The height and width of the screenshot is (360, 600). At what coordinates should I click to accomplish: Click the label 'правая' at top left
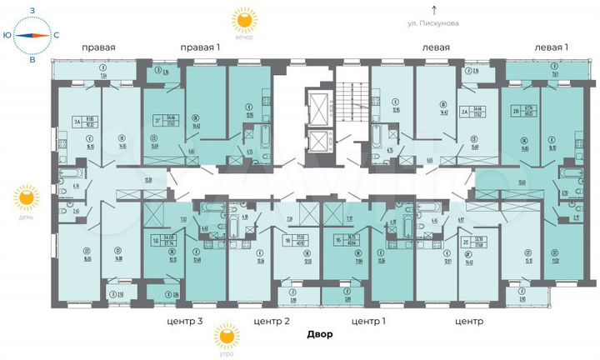pyautogui.click(x=97, y=47)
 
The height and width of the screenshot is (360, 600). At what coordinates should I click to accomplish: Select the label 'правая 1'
pyautogui.click(x=200, y=47)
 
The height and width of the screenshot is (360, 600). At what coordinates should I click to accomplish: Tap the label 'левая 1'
pyautogui.click(x=551, y=47)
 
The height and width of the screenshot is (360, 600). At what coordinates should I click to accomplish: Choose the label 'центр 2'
pyautogui.click(x=272, y=320)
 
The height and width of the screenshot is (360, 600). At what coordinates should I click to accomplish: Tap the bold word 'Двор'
pyautogui.click(x=318, y=335)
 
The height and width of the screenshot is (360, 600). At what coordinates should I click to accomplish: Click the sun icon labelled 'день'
pyautogui.click(x=26, y=198)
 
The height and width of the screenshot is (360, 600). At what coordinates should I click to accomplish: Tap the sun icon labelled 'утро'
pyautogui.click(x=225, y=336)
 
